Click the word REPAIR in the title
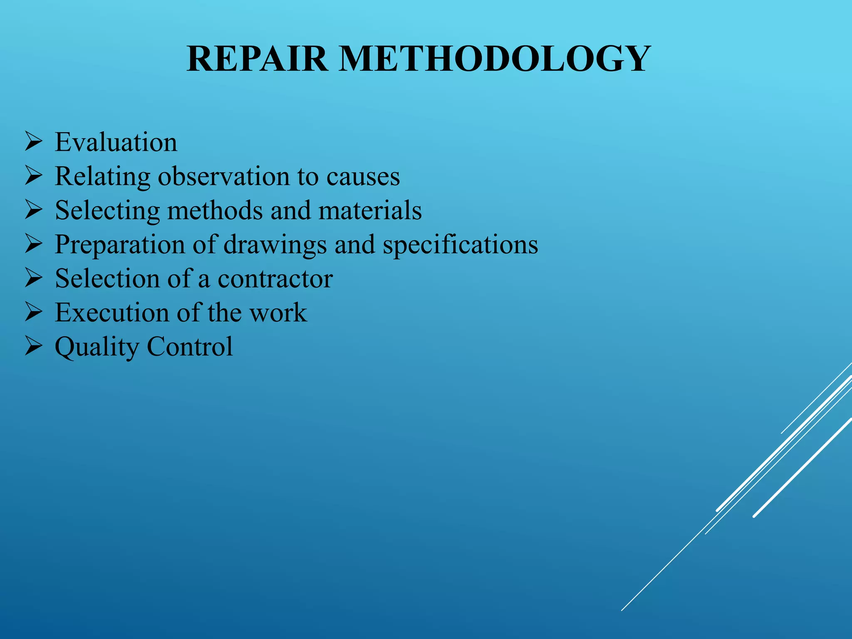point(257,59)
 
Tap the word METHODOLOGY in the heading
point(495,59)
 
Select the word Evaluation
point(116,142)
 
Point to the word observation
point(224,176)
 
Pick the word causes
point(363,176)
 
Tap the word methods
point(215,211)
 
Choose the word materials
point(370,211)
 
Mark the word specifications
point(460,245)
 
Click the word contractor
point(275,279)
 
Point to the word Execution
point(111,313)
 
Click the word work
point(278,313)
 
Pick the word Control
point(190,347)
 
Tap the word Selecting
point(107,211)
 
